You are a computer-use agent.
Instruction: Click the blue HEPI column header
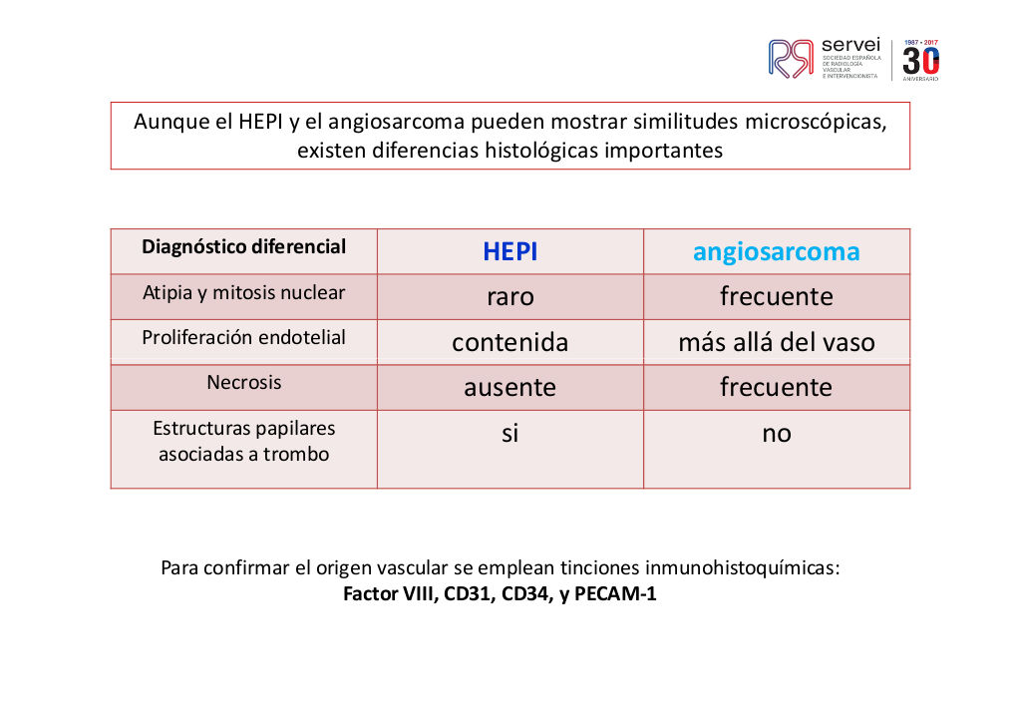510,251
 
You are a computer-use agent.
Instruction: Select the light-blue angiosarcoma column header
776,252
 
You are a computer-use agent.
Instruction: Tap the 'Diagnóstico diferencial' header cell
244,247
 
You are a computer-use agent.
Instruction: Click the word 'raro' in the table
510,297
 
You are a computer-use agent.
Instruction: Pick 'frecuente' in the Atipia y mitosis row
776,296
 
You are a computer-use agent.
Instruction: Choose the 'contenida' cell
510,342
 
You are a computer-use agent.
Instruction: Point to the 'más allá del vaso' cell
776,342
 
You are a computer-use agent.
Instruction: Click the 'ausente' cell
510,388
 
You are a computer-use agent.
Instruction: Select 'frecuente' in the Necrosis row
776,387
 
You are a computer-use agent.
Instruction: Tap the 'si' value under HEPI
510,433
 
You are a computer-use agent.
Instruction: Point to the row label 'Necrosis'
244,382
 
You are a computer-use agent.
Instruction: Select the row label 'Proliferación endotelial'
244,337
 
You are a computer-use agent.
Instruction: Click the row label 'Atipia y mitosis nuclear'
244,293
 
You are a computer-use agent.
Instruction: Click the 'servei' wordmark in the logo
850,45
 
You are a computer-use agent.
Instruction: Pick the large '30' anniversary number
921,62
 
